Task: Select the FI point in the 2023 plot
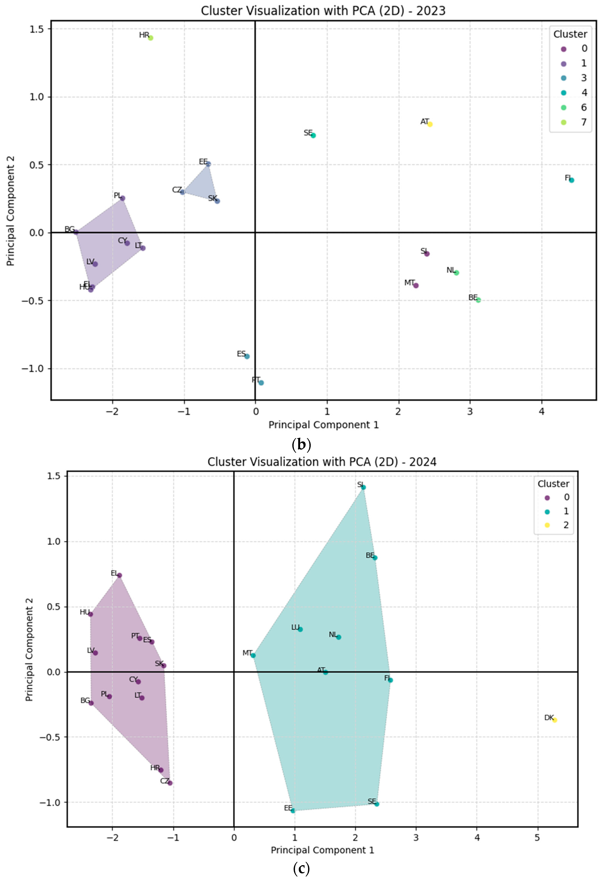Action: click(x=572, y=180)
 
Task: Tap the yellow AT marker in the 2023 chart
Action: click(x=430, y=124)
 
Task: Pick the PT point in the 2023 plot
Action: click(x=261, y=383)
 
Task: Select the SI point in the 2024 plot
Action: click(x=363, y=487)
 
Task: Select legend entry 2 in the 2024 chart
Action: click(x=556, y=525)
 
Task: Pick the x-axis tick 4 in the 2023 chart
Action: click(x=542, y=412)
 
